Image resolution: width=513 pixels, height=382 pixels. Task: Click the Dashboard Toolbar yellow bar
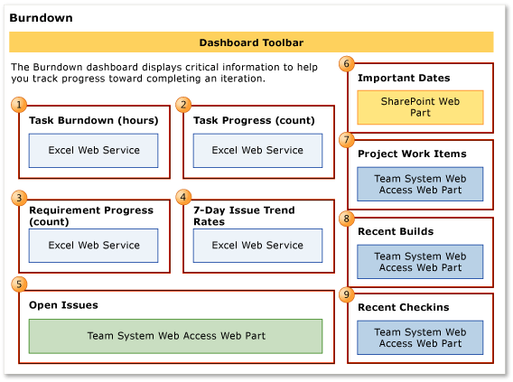click(x=251, y=42)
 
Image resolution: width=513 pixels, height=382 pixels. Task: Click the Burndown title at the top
click(x=42, y=18)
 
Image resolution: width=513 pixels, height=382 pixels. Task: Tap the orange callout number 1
click(x=19, y=105)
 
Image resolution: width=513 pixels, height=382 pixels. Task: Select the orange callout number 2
click(x=183, y=105)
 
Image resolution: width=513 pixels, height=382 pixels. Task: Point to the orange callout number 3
click(x=19, y=197)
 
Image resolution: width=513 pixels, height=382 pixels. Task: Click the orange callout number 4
click(x=183, y=197)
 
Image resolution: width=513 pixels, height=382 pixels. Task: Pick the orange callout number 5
click(x=19, y=284)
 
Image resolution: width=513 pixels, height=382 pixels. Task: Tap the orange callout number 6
click(x=347, y=63)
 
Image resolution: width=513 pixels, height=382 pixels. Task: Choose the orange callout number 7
click(x=347, y=139)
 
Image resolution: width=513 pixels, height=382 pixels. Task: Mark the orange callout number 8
click(x=347, y=218)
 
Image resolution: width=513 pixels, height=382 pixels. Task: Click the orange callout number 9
click(x=347, y=293)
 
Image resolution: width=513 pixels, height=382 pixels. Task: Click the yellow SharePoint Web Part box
click(x=420, y=107)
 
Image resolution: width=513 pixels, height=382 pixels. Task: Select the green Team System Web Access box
click(x=176, y=336)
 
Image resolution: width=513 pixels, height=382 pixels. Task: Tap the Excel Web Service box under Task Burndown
click(x=94, y=151)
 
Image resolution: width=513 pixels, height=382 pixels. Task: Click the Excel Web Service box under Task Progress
click(x=257, y=151)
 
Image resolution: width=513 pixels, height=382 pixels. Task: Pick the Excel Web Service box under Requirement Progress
click(x=94, y=246)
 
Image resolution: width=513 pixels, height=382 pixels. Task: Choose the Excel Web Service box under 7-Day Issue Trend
click(x=257, y=246)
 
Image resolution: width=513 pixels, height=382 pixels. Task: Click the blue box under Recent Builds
click(x=420, y=262)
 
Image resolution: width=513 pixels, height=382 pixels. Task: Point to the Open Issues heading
click(x=63, y=304)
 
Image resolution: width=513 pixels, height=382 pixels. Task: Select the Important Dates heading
click(x=404, y=79)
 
